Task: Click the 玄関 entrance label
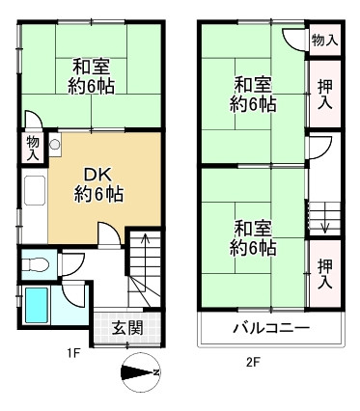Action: pos(127,328)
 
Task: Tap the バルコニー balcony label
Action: pos(270,329)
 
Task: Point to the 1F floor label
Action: pos(72,353)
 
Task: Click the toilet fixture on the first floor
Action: pos(40,261)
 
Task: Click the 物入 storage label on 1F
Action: pos(33,146)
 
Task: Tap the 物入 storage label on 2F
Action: pos(324,41)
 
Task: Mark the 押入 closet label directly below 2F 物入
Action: pos(324,94)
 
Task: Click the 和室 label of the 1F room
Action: pos(90,68)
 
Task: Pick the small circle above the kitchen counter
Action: pos(55,146)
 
